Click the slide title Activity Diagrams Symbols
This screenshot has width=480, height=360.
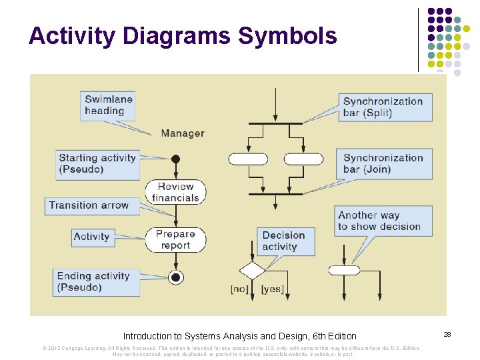183,36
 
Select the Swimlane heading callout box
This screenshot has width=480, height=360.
109,105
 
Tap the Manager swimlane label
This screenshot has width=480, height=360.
182,133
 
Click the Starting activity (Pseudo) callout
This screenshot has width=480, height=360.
97,163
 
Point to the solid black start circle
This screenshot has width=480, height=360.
176,159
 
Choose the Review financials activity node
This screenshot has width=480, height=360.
175,192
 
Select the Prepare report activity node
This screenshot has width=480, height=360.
175,239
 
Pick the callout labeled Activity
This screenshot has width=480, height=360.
92,237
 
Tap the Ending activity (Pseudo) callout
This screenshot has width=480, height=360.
93,281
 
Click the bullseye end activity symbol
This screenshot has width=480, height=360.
176,277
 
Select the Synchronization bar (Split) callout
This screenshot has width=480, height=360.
383,107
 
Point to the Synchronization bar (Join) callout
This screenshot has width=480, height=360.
383,163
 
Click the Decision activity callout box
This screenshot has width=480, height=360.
283,241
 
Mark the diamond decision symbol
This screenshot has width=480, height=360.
252,271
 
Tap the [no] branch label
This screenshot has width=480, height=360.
239,289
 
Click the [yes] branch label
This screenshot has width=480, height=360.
272,289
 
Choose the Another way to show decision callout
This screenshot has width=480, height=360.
379,221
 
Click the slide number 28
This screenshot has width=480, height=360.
448,333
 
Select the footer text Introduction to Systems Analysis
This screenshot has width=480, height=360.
240,336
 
